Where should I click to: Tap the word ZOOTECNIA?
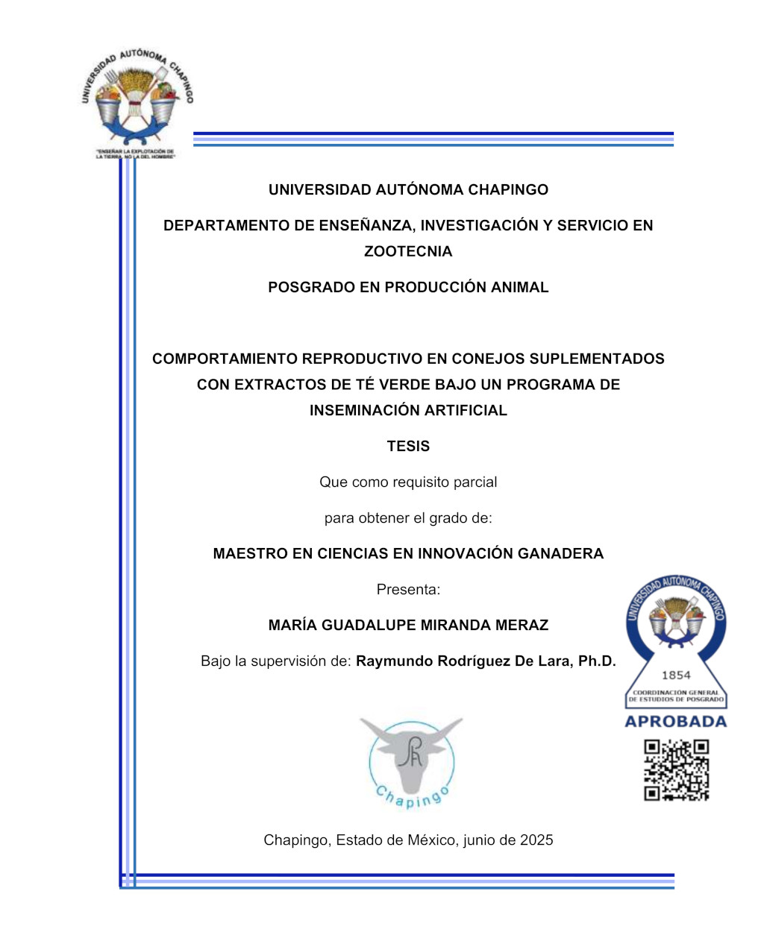click(x=408, y=251)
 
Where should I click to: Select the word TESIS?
click(x=408, y=446)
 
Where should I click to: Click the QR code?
click(x=676, y=770)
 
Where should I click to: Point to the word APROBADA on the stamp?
click(x=675, y=721)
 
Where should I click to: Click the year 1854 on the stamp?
click(x=676, y=675)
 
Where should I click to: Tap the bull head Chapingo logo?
click(x=411, y=762)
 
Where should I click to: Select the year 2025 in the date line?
click(x=536, y=840)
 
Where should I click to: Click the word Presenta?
click(x=408, y=590)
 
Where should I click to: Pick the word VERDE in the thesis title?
click(x=398, y=385)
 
